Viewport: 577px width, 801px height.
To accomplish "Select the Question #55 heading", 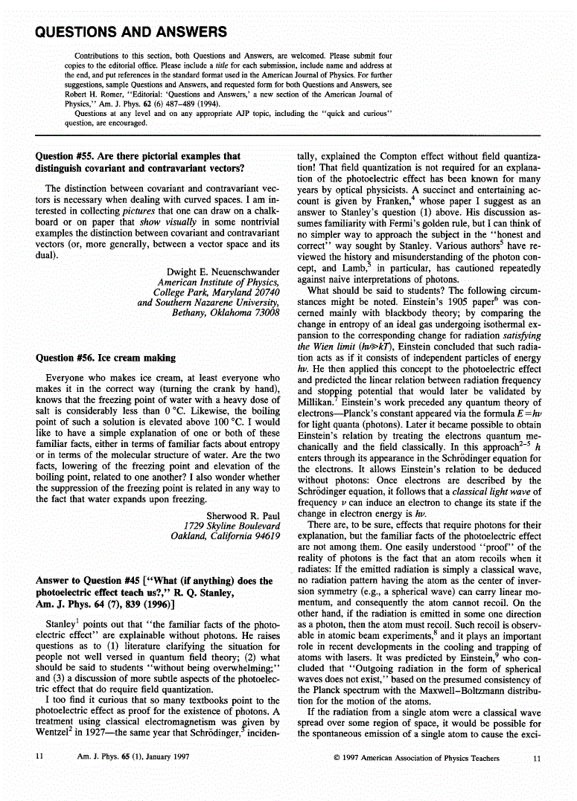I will (x=138, y=162).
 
